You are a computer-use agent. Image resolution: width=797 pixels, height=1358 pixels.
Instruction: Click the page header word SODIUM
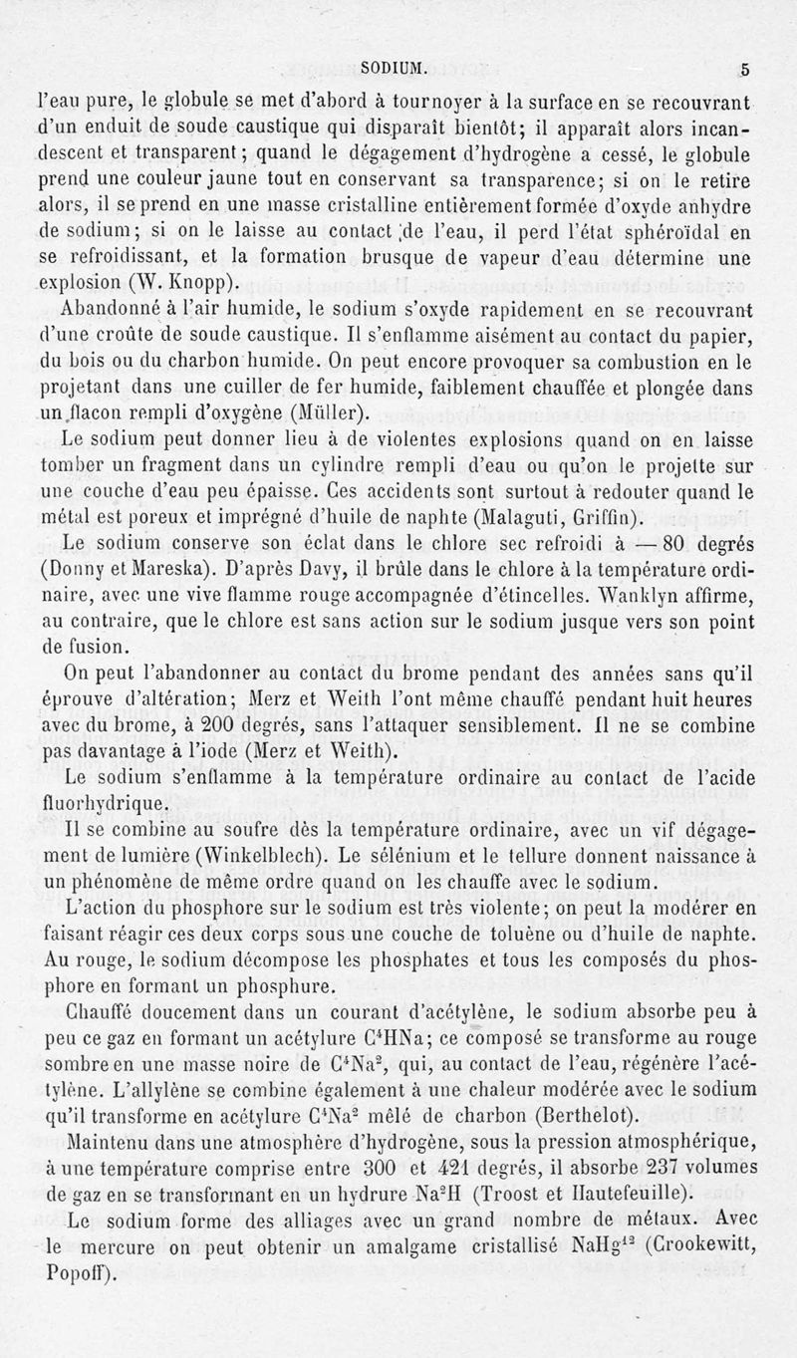coord(394,70)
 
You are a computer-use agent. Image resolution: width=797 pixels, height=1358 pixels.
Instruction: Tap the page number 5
coord(744,70)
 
